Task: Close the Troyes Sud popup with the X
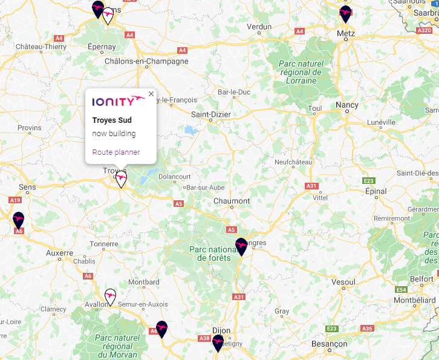coord(151,94)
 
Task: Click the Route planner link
coord(116,152)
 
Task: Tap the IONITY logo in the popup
coord(119,100)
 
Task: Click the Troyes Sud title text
coord(112,120)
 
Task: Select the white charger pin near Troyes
coord(122,179)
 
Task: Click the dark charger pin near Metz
coord(345,13)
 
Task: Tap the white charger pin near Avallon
coord(110,296)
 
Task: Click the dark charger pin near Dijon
coord(218,343)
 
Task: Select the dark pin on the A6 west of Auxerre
coord(19,220)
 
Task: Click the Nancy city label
coord(347,105)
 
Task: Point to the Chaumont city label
coord(232,201)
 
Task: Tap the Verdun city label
coord(259,27)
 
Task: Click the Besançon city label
coord(329,344)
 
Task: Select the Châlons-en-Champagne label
coord(146,61)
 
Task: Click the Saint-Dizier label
coord(211,114)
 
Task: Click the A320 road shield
coord(425,29)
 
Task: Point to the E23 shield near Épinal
coord(369,181)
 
